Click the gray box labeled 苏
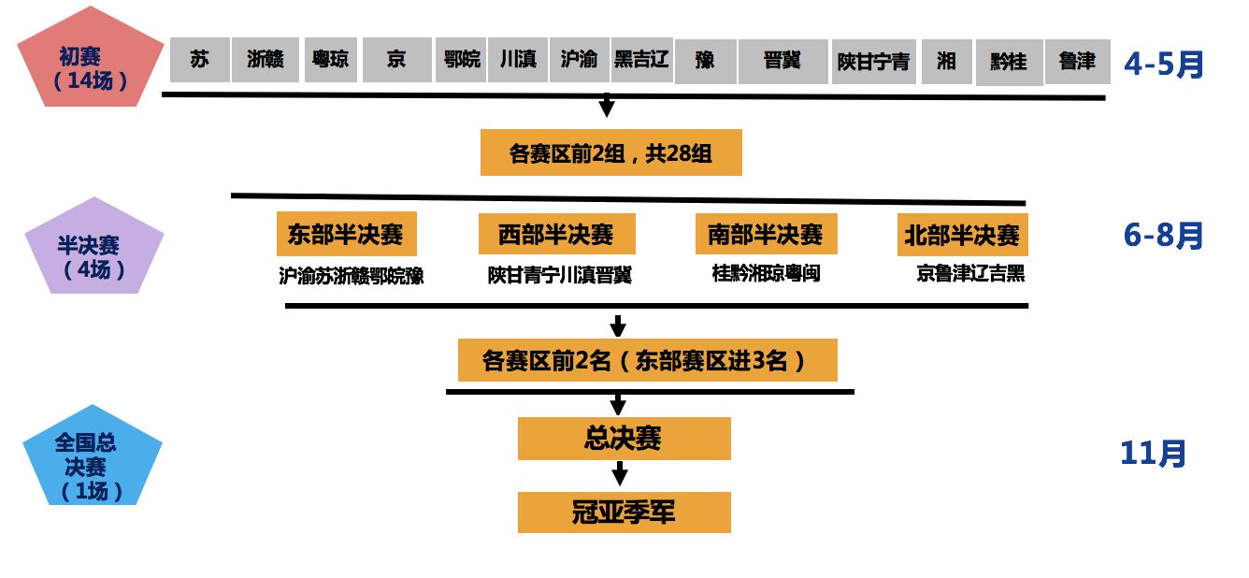(x=199, y=60)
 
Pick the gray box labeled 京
(x=396, y=60)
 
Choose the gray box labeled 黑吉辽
(x=641, y=60)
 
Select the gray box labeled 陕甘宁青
(x=873, y=62)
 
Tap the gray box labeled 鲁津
(x=1077, y=61)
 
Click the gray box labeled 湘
(x=946, y=61)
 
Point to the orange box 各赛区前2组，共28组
(x=610, y=152)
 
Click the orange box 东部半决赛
(x=346, y=234)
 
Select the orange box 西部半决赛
(x=556, y=234)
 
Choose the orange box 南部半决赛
(x=766, y=234)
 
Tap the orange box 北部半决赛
(x=962, y=235)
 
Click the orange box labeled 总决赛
(x=624, y=439)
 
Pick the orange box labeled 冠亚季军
(x=624, y=513)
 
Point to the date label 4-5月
(x=1164, y=64)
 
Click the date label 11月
(x=1153, y=454)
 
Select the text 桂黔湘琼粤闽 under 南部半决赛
(x=766, y=273)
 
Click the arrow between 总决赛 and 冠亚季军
(x=618, y=475)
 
